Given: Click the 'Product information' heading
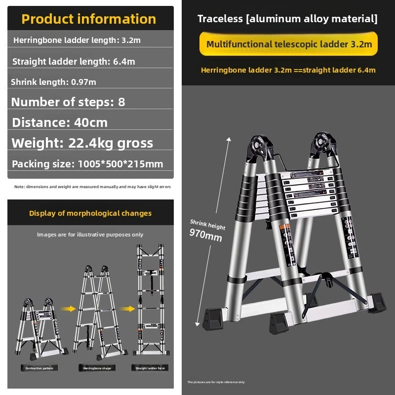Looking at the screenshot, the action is click(x=89, y=19).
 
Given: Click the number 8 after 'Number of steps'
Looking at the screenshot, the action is click(x=121, y=102).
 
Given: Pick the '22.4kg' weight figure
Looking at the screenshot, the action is click(x=87, y=143).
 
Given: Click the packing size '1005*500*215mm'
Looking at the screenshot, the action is click(x=120, y=164).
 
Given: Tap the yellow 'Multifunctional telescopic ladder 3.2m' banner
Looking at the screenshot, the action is click(x=289, y=44).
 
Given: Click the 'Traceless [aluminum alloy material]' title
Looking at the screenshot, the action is click(x=287, y=19).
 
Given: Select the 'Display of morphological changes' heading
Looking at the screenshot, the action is click(x=90, y=213).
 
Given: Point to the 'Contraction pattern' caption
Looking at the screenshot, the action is click(x=39, y=368).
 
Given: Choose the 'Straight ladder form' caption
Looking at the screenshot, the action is click(x=150, y=368).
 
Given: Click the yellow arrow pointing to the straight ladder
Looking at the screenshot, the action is click(x=127, y=309).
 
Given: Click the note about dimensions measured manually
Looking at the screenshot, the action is click(x=92, y=187).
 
